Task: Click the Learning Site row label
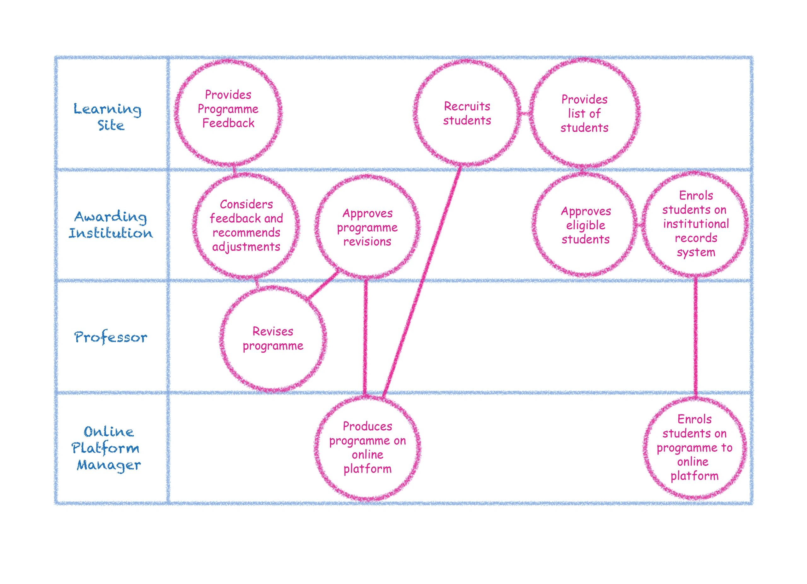click(108, 117)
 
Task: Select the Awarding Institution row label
click(111, 225)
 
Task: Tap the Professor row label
click(111, 337)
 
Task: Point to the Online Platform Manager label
click(107, 449)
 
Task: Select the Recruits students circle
click(467, 113)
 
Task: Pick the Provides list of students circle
click(584, 113)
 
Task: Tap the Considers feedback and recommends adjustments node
click(246, 225)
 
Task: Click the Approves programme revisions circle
click(367, 227)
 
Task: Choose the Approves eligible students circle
click(585, 225)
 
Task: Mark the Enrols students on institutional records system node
click(695, 224)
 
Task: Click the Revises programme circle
click(273, 338)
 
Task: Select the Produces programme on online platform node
click(367, 448)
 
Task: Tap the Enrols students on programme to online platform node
click(694, 448)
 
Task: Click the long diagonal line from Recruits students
click(422, 281)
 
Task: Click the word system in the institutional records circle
click(696, 252)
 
